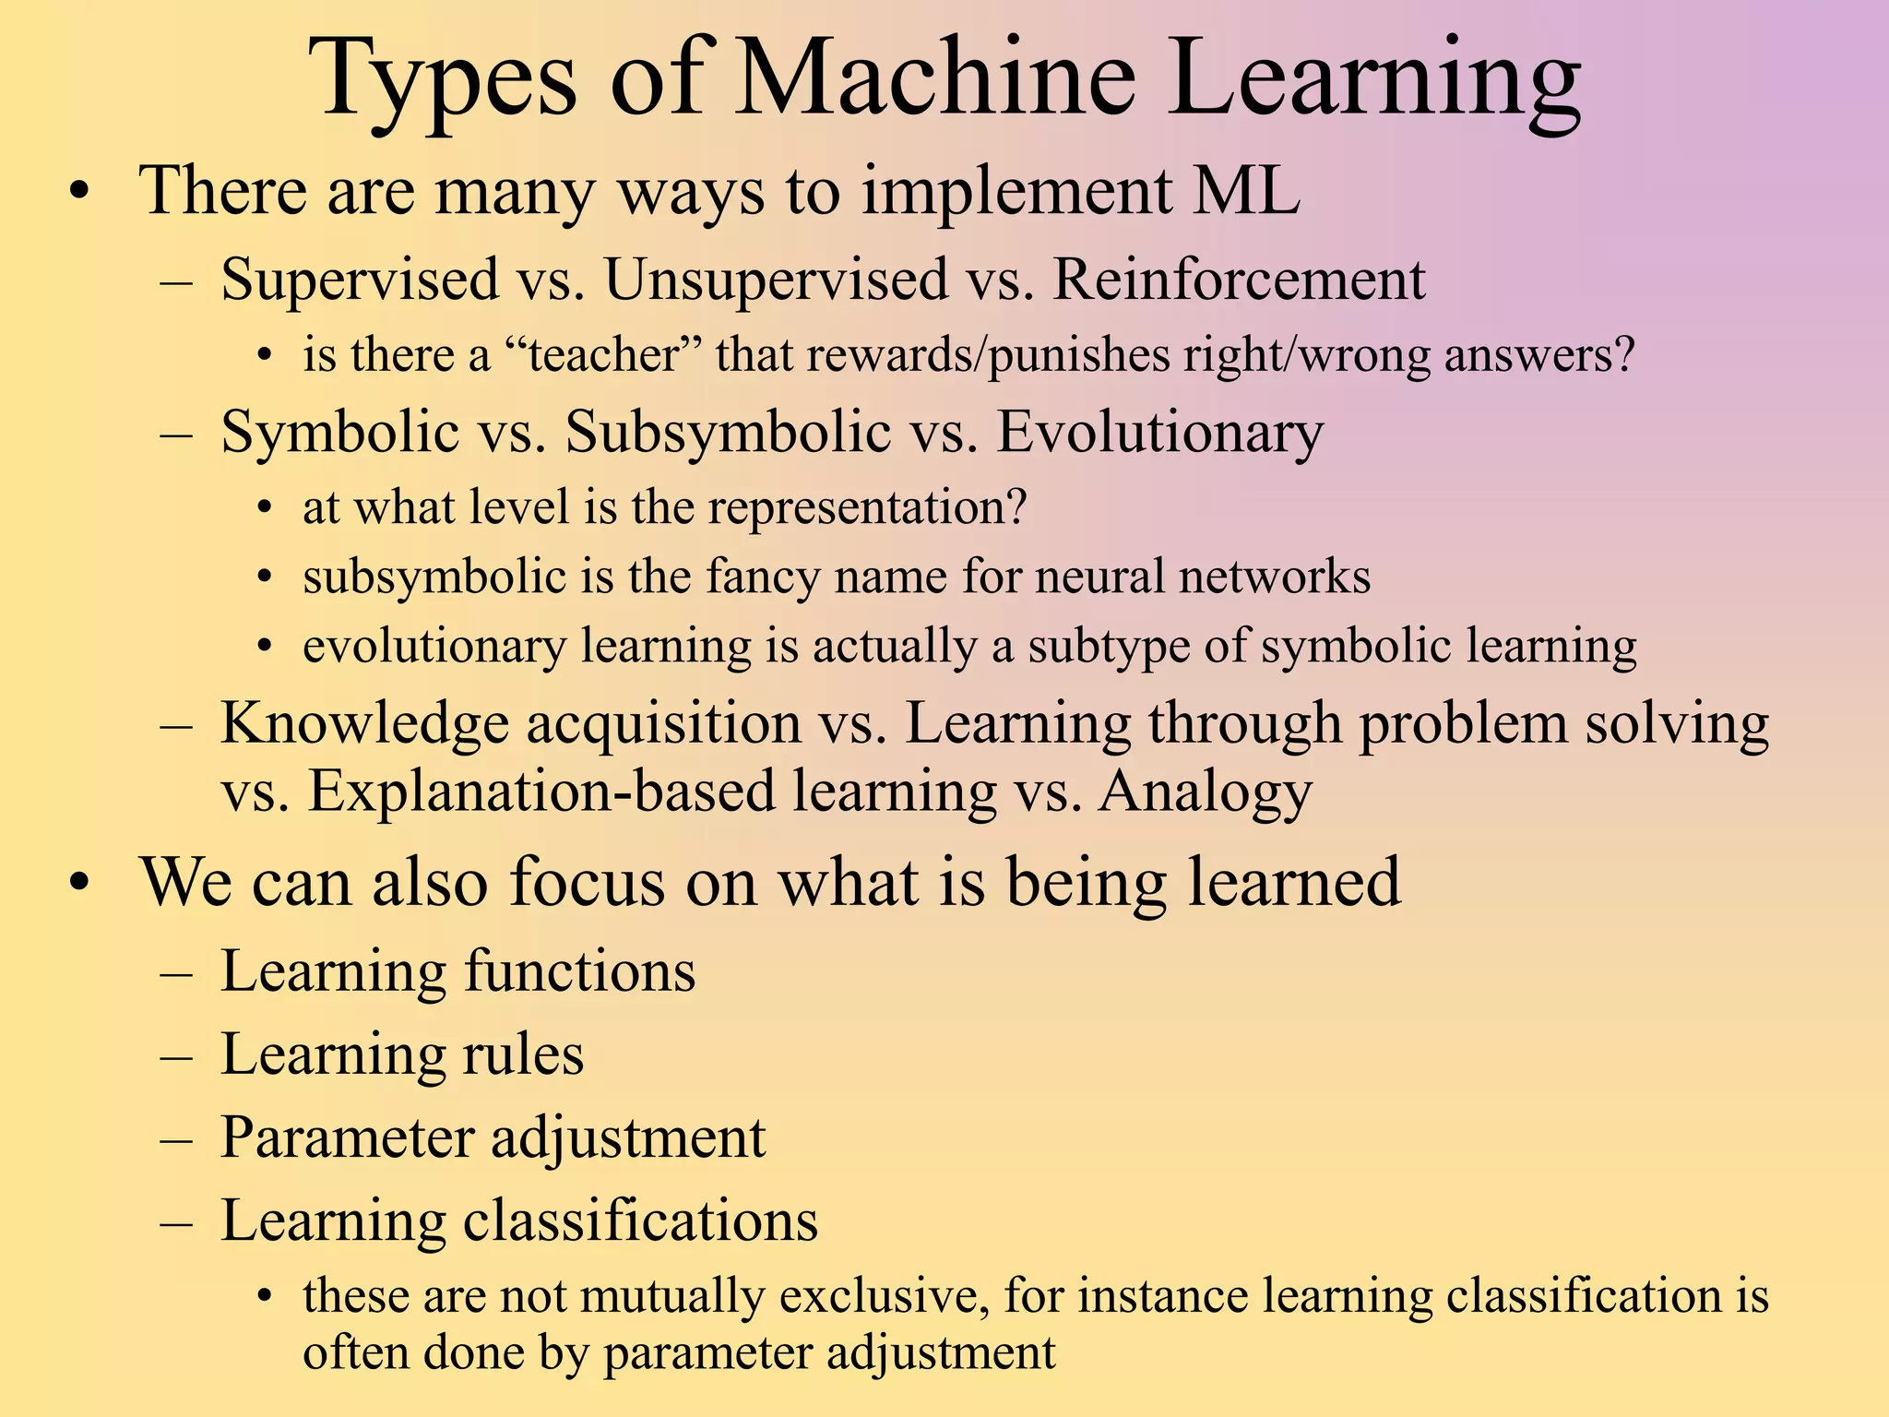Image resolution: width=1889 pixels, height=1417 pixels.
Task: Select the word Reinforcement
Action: (x=1239, y=279)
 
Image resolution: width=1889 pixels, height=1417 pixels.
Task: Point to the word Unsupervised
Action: (x=776, y=280)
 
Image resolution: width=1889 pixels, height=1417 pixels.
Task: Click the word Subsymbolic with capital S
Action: (x=727, y=432)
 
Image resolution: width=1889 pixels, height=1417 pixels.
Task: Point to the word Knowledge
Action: (x=364, y=722)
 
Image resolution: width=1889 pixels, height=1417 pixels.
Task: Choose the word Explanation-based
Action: (x=541, y=792)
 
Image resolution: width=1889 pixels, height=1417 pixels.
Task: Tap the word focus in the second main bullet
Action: (x=587, y=882)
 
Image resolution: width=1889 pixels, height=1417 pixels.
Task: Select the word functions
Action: (x=579, y=970)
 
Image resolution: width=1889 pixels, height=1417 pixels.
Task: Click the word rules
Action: (x=523, y=1054)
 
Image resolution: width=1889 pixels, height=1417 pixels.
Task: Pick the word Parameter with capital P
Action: (x=347, y=1137)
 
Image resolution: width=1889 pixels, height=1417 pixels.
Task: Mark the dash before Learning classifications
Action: (x=175, y=1221)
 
